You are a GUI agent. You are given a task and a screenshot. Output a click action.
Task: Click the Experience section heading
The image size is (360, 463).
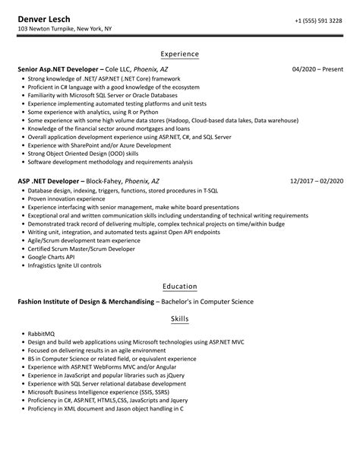coord(180,54)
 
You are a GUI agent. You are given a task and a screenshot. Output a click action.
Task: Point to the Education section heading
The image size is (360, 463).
coord(180,287)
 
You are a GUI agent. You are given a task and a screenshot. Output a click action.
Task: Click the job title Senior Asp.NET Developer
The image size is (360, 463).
coord(58,68)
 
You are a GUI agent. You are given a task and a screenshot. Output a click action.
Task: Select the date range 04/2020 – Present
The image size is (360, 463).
coord(317,68)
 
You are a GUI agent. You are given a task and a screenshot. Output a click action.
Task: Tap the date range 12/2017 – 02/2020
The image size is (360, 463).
coord(316,181)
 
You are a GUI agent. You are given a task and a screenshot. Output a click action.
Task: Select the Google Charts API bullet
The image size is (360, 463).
coord(55,258)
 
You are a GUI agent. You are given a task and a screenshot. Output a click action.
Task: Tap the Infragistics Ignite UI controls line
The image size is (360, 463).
coord(65,266)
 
